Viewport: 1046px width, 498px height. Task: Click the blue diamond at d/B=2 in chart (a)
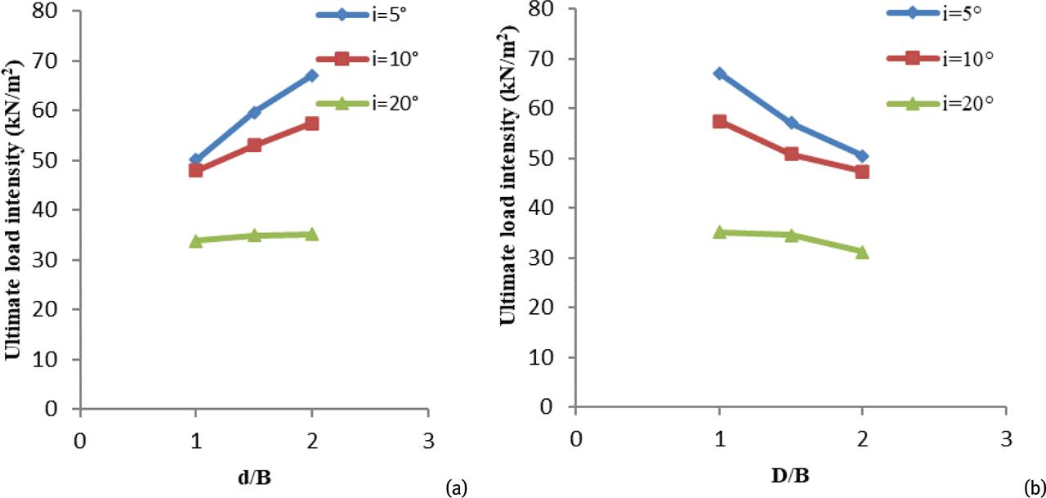[311, 76]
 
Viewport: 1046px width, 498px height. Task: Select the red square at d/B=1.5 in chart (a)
[253, 145]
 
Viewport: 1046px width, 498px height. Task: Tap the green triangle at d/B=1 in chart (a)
[195, 240]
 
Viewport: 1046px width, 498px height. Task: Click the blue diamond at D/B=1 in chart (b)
[719, 74]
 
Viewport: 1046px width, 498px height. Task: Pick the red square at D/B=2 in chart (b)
[861, 172]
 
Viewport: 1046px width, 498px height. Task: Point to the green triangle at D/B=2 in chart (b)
[861, 252]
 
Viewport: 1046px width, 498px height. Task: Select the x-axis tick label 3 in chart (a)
[427, 439]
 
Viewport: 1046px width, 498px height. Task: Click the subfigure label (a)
[454, 488]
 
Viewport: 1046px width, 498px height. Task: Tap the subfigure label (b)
[1033, 487]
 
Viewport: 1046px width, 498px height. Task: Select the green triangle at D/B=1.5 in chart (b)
[790, 236]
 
